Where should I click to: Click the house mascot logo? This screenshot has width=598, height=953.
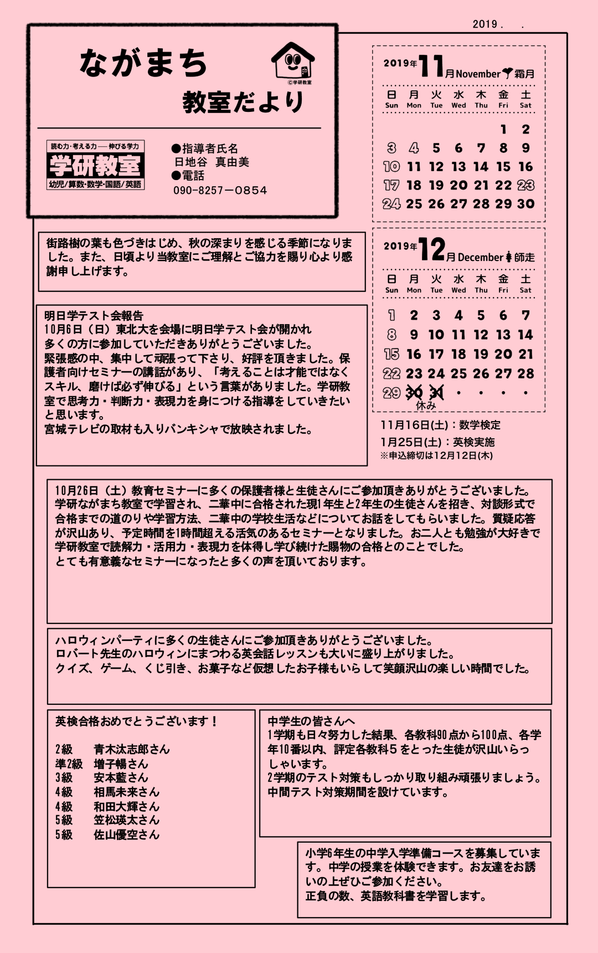(x=293, y=62)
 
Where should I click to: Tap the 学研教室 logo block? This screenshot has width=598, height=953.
(x=95, y=165)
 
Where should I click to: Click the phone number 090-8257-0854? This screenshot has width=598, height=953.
(x=220, y=191)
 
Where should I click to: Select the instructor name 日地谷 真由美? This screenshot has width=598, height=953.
(x=212, y=162)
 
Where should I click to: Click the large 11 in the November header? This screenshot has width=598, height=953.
(x=431, y=66)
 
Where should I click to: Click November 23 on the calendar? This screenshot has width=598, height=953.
(x=525, y=185)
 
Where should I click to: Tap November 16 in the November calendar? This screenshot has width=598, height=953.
(x=525, y=167)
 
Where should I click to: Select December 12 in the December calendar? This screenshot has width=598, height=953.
(x=481, y=335)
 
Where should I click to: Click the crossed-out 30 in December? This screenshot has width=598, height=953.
(x=414, y=393)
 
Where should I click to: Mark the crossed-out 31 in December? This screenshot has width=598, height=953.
(x=436, y=393)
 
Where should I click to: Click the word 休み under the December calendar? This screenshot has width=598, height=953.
(x=425, y=406)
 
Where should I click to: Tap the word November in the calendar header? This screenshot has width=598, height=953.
(x=478, y=74)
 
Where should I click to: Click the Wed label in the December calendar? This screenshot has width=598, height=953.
(x=458, y=290)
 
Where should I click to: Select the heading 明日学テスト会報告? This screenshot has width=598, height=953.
(x=94, y=316)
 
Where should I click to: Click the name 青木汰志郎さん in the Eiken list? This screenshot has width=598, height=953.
(x=132, y=749)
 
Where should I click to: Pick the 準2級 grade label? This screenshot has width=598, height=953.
(x=69, y=764)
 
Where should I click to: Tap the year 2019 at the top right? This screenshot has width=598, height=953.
(x=484, y=24)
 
